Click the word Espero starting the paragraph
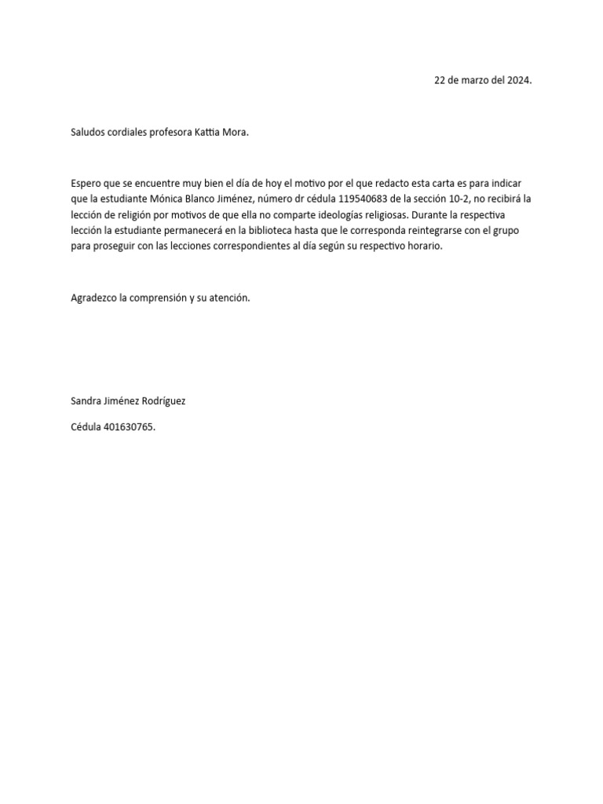click(x=86, y=183)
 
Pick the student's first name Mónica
click(x=166, y=199)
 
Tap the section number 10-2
click(x=459, y=199)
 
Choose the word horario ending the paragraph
click(x=426, y=246)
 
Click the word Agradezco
click(x=93, y=298)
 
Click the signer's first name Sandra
click(x=86, y=400)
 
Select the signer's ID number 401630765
click(x=129, y=427)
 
